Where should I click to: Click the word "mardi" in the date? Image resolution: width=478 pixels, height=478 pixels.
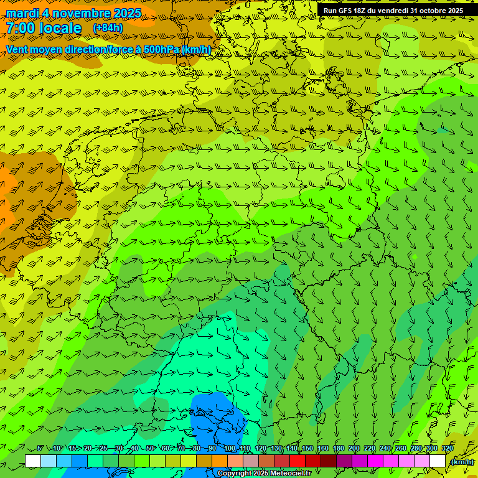pyautogui.click(x=22, y=13)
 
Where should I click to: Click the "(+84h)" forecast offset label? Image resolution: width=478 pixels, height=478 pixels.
pyautogui.click(x=108, y=28)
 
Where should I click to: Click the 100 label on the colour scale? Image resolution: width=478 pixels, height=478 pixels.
pyautogui.click(x=230, y=449)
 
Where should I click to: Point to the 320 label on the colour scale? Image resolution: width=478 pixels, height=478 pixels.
pyautogui.click(x=448, y=449)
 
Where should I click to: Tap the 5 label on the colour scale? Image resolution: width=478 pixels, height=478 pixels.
pyautogui.click(x=40, y=449)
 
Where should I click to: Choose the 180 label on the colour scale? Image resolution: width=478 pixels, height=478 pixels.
pyautogui.click(x=339, y=449)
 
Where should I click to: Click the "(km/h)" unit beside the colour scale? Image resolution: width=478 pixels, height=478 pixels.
pyautogui.click(x=461, y=462)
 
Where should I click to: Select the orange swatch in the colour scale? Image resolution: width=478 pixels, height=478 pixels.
pyautogui.click(x=220, y=461)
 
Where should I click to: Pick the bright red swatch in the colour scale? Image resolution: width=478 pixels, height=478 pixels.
pyautogui.click(x=298, y=461)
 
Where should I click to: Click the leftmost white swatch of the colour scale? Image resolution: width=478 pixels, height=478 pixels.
pyautogui.click(x=33, y=461)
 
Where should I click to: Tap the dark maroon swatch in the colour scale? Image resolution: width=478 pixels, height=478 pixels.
pyautogui.click(x=329, y=461)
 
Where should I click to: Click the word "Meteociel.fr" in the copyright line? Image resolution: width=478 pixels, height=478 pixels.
pyautogui.click(x=289, y=474)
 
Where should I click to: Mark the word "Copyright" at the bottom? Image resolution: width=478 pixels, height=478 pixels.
pyautogui.click(x=235, y=474)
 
